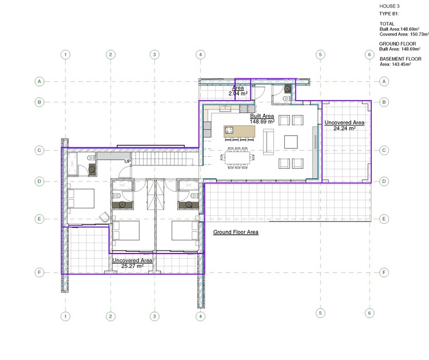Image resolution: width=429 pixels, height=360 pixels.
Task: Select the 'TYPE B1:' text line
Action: point(389,13)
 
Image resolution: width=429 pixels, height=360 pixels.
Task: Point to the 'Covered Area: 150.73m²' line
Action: point(403,34)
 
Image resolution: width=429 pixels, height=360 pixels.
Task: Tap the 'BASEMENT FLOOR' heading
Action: point(400,59)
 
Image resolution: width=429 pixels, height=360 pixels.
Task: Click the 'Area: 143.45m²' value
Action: point(396,65)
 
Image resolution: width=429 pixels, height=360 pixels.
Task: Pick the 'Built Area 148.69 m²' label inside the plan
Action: point(262,119)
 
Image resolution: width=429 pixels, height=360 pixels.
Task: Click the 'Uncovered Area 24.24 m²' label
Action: point(344,126)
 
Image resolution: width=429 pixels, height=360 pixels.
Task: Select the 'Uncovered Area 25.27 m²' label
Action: point(132,263)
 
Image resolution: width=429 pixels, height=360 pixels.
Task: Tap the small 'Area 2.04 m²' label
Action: point(237,90)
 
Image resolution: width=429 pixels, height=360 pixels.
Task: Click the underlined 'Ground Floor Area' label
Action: point(236,232)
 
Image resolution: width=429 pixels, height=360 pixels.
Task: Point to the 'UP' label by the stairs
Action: point(129,162)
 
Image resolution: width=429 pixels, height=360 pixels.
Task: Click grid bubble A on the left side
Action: point(39,82)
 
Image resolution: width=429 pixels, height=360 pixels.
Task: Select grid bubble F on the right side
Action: point(384,272)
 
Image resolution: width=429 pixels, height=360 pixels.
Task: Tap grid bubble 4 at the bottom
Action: point(200,316)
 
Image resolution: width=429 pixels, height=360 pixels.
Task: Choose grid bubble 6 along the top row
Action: point(370,55)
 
